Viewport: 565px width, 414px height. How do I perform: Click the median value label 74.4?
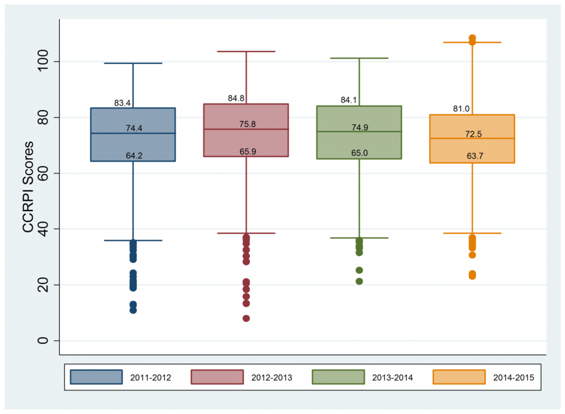[134, 128]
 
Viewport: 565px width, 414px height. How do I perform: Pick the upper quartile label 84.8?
[236, 98]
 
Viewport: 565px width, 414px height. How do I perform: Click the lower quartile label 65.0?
[360, 152]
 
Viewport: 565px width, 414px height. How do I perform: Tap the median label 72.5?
[473, 134]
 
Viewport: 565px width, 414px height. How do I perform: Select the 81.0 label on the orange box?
[461, 109]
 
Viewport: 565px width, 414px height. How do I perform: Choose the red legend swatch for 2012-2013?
[217, 377]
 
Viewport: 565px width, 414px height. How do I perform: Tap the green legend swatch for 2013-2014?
[338, 377]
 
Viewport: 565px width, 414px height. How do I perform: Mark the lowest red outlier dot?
[246, 319]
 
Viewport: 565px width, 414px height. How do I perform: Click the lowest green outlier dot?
[359, 281]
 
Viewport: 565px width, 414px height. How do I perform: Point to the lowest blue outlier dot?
[133, 310]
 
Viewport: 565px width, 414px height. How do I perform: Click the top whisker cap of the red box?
[246, 51]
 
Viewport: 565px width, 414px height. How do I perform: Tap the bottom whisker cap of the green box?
[359, 238]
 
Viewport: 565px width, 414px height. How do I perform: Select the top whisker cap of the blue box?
[133, 63]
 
